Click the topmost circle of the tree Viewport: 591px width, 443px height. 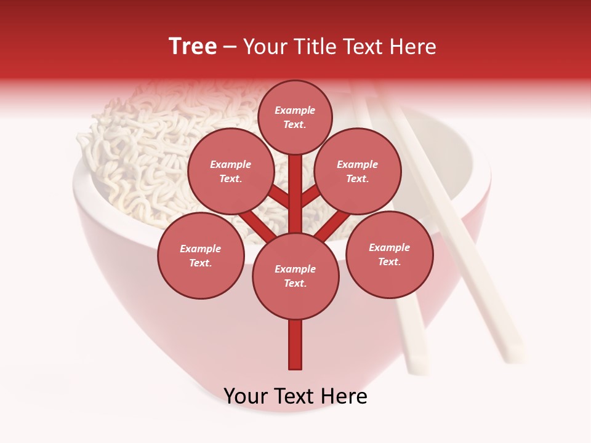295,117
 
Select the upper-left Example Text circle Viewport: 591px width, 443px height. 230,171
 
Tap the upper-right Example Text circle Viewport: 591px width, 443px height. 357,171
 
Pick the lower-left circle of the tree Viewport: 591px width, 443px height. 201,255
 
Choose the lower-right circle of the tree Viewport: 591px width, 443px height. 389,254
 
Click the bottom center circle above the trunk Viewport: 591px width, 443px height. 295,276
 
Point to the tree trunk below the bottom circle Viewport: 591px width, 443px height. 295,345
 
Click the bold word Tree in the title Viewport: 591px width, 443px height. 193,46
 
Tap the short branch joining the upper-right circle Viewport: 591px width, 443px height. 311,196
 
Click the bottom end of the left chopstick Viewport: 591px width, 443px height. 419,366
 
